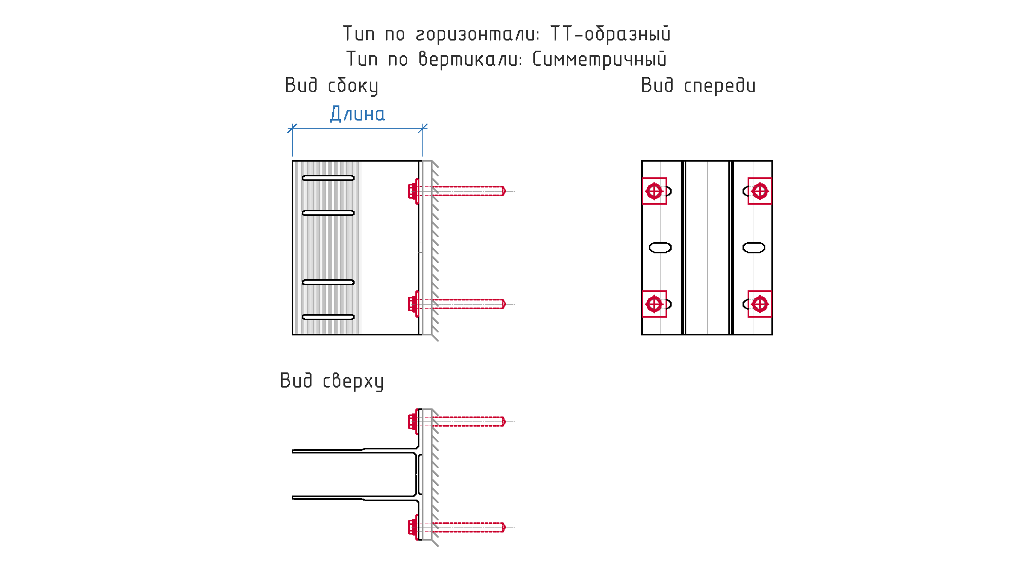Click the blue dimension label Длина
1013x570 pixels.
point(358,114)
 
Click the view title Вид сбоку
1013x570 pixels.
point(332,86)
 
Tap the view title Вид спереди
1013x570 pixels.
point(698,86)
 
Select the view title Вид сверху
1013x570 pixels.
point(332,381)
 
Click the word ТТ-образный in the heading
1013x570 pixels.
point(610,34)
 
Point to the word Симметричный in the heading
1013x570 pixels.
point(599,59)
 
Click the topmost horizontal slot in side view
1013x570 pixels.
point(328,178)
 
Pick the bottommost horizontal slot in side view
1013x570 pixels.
point(328,317)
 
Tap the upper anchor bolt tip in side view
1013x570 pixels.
point(504,191)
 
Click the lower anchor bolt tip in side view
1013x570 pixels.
point(504,304)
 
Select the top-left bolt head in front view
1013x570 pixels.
point(654,191)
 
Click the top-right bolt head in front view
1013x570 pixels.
point(760,191)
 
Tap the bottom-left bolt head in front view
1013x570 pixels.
point(654,304)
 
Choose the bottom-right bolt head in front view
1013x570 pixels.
point(760,304)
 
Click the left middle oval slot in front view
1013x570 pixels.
point(660,248)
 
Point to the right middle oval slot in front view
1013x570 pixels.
point(754,248)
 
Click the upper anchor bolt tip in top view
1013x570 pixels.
point(504,422)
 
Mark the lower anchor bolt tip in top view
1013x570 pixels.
point(504,527)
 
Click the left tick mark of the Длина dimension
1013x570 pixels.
point(292,129)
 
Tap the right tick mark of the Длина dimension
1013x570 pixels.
point(423,129)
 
